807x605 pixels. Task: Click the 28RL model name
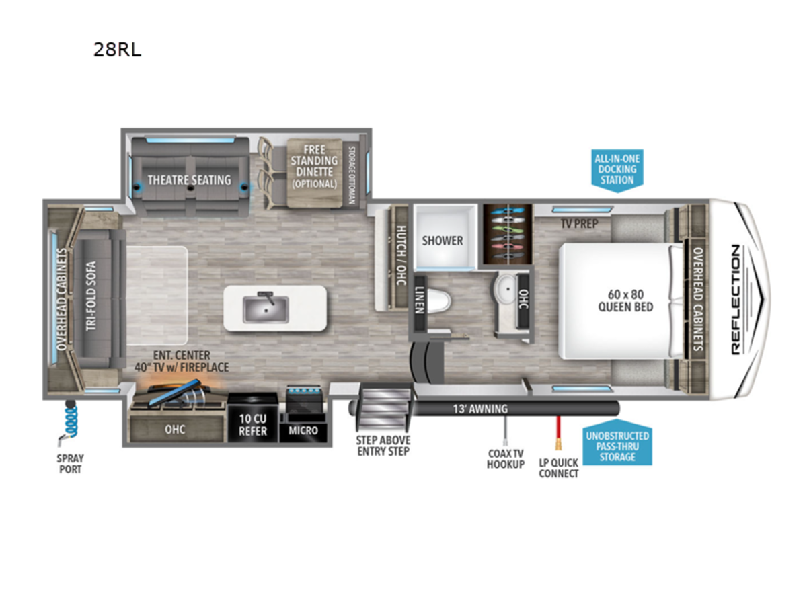[117, 50]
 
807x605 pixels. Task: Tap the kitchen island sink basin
[266, 309]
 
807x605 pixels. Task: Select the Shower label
[443, 241]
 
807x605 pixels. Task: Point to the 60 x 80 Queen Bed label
[625, 300]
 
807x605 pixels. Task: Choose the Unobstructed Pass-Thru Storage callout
[617, 446]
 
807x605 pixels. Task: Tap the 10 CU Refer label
[253, 425]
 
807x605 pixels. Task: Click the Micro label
[303, 430]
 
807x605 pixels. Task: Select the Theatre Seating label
[190, 180]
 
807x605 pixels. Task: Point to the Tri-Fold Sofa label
[91, 296]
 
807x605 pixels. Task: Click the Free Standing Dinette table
[314, 173]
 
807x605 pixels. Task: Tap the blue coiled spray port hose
[71, 421]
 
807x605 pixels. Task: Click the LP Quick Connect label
[558, 468]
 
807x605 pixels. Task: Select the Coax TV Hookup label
[506, 459]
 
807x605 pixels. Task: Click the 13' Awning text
[480, 409]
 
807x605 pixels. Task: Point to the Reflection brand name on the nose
[736, 300]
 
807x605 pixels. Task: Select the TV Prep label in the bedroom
[580, 224]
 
